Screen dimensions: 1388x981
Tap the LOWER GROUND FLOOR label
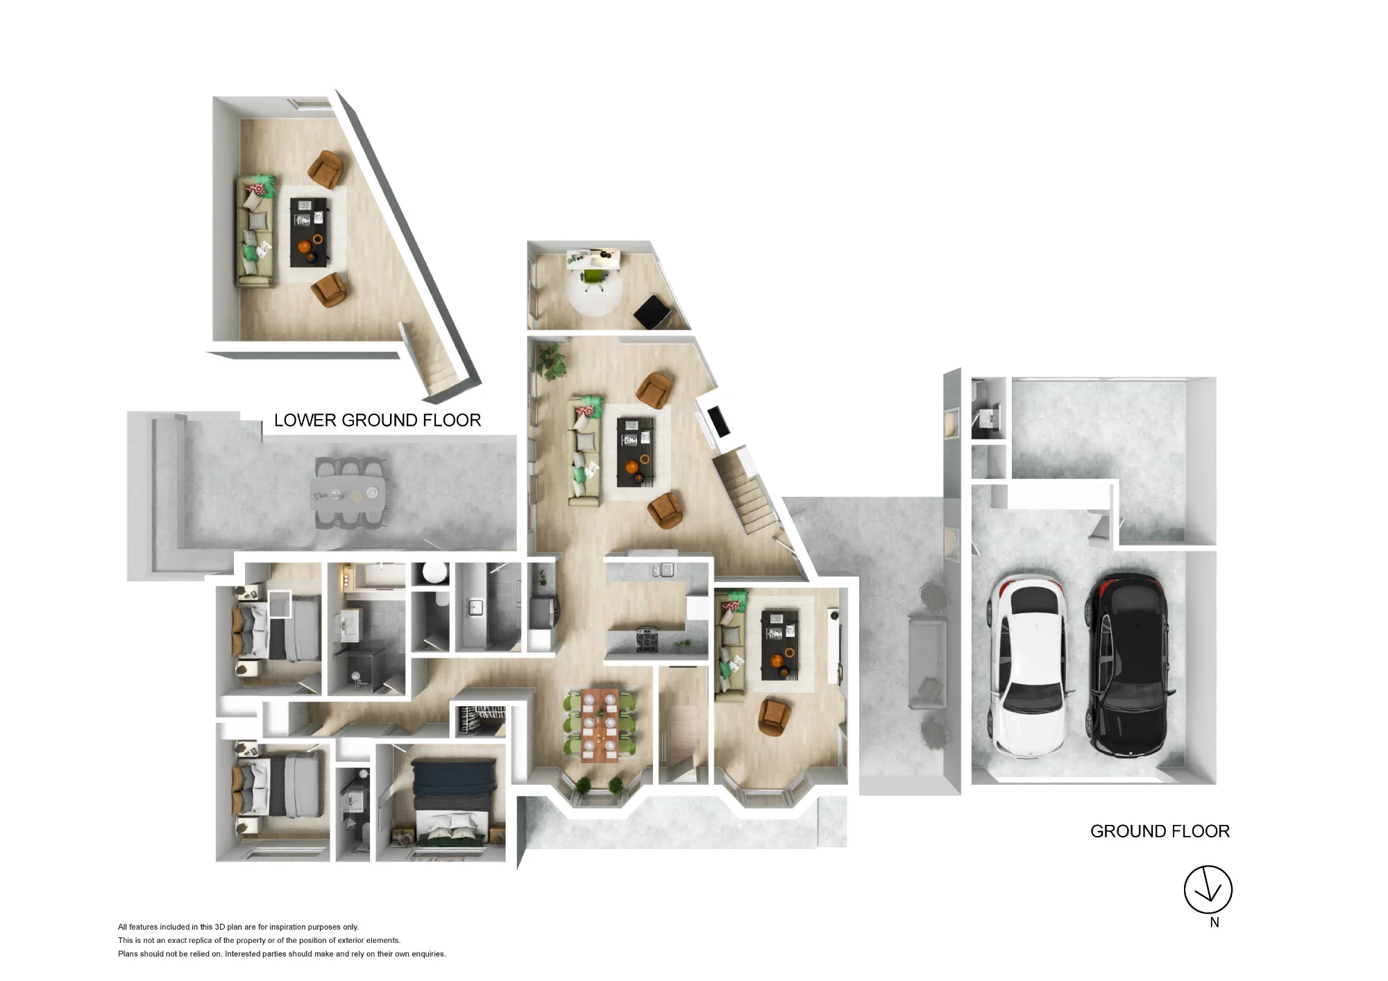point(378,420)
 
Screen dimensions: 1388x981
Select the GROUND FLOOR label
point(1160,831)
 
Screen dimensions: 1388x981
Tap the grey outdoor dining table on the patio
point(348,493)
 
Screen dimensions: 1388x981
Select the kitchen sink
point(663,570)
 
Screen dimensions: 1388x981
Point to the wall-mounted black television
point(718,421)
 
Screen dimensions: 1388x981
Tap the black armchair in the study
point(652,312)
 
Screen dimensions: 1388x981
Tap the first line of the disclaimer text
point(238,927)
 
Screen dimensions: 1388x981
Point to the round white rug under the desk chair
point(595,291)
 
